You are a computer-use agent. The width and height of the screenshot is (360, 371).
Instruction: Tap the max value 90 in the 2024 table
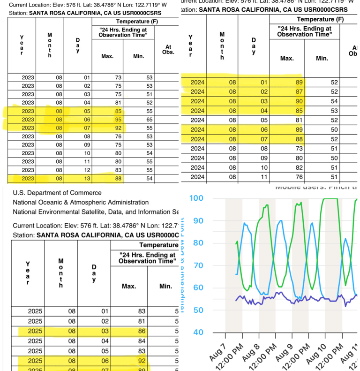[x=287, y=101]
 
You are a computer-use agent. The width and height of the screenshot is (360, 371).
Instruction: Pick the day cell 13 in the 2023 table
[x=87, y=178]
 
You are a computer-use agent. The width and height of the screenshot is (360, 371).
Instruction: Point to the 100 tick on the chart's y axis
[x=197, y=198]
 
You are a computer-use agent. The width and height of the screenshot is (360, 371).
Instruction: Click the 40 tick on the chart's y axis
[x=197, y=333]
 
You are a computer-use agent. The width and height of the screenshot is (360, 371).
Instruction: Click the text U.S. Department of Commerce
[x=57, y=192]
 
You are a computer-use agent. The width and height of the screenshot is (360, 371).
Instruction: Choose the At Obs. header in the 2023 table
[x=167, y=49]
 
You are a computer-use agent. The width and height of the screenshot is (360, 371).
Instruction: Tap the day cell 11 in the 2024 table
[x=254, y=177]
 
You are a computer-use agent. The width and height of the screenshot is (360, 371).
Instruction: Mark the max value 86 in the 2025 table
[x=128, y=331]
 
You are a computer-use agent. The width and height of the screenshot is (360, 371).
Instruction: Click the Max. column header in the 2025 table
[x=128, y=286]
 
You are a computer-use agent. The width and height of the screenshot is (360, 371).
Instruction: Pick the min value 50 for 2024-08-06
[x=321, y=129]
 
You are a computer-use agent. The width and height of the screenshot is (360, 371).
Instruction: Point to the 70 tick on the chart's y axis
[x=197, y=265]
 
